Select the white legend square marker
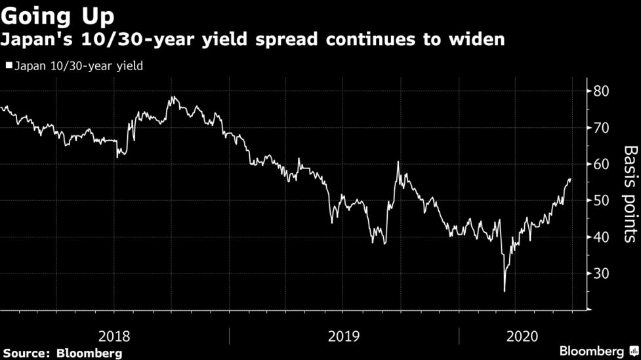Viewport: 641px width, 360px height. pos(8,66)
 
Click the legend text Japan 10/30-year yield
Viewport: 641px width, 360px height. pos(78,66)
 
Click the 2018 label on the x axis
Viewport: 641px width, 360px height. pos(114,336)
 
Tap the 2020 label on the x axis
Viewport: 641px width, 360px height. pos(523,336)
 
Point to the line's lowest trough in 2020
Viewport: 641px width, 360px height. pos(505,291)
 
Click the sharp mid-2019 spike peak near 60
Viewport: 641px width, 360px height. pos(398,161)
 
